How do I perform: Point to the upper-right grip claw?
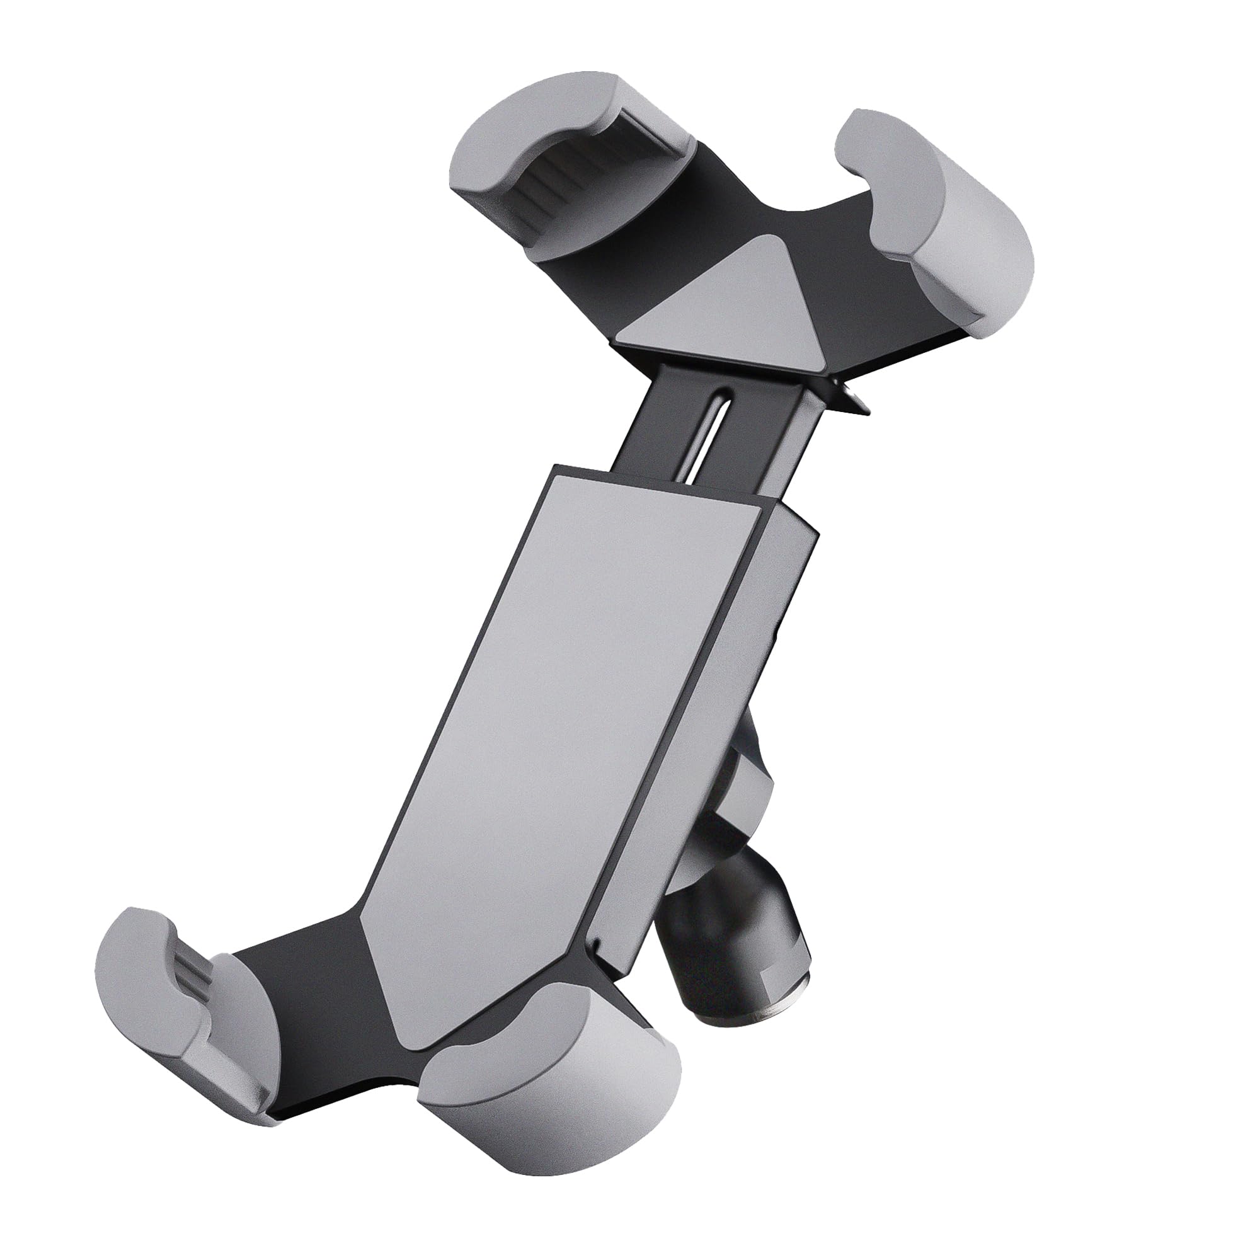point(952,215)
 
